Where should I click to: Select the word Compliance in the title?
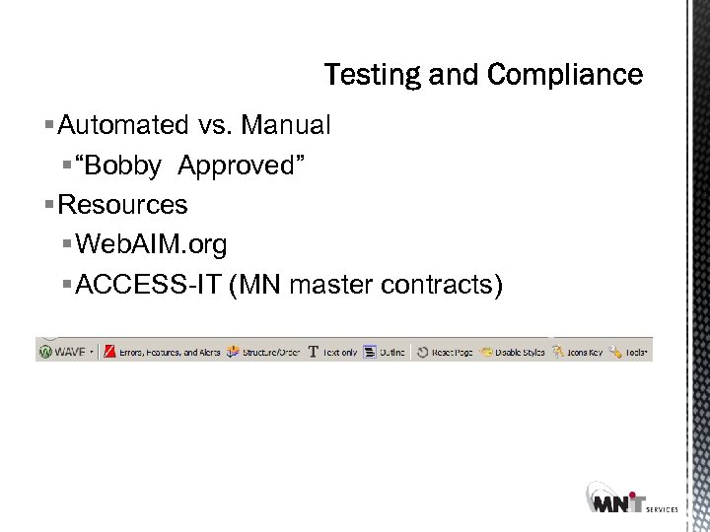coord(565,75)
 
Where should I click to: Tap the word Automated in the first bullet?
coord(123,126)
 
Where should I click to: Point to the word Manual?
coord(286,126)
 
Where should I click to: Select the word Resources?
coord(123,205)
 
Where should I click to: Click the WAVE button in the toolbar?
coord(66,352)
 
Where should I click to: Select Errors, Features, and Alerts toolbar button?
coord(163,352)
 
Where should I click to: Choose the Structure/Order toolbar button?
coord(263,352)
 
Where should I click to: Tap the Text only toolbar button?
coord(333,352)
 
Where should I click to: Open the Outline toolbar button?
coord(385,352)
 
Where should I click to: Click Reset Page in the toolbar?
coord(445,352)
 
